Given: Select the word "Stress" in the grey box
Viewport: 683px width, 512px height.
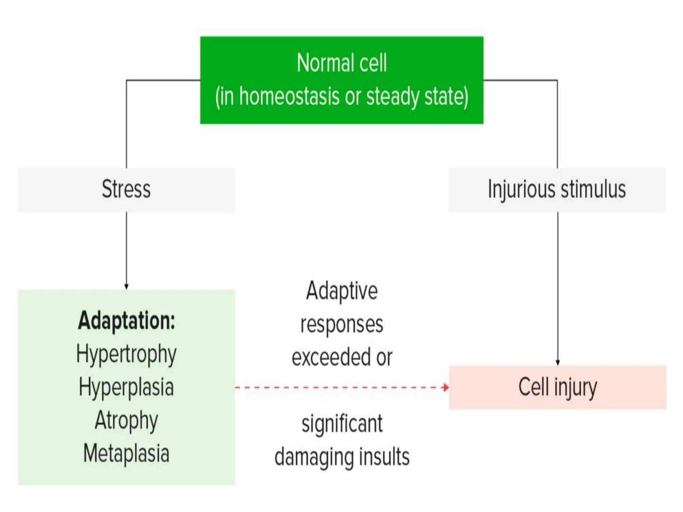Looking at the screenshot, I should (x=126, y=189).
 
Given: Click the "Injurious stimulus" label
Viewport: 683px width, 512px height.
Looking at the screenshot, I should (x=557, y=189).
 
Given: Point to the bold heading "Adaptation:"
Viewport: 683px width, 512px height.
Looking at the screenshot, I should (x=126, y=320).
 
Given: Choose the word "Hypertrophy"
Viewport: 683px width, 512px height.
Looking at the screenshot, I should (x=126, y=354).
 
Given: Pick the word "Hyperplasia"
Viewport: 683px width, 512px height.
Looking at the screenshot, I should (x=126, y=387).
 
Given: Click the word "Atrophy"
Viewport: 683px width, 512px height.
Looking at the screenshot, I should (x=126, y=420).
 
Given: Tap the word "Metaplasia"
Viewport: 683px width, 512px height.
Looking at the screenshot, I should (x=126, y=453).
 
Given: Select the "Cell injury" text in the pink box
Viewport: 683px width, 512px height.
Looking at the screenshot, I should (x=558, y=387).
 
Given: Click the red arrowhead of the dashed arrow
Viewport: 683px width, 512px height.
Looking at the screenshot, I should (x=446, y=387).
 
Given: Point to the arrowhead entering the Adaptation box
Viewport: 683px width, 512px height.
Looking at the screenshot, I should (x=126, y=287).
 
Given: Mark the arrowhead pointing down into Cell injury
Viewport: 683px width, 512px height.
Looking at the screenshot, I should (x=558, y=363).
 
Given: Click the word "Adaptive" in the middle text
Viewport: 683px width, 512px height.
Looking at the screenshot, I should (x=342, y=291).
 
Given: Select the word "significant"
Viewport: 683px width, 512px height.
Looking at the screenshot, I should (x=342, y=424).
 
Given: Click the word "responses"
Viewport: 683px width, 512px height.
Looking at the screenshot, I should (x=342, y=324).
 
